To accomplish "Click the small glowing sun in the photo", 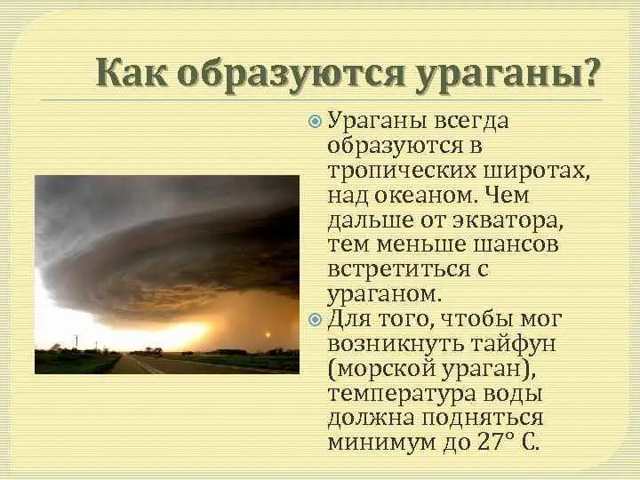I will (x=264, y=336).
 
